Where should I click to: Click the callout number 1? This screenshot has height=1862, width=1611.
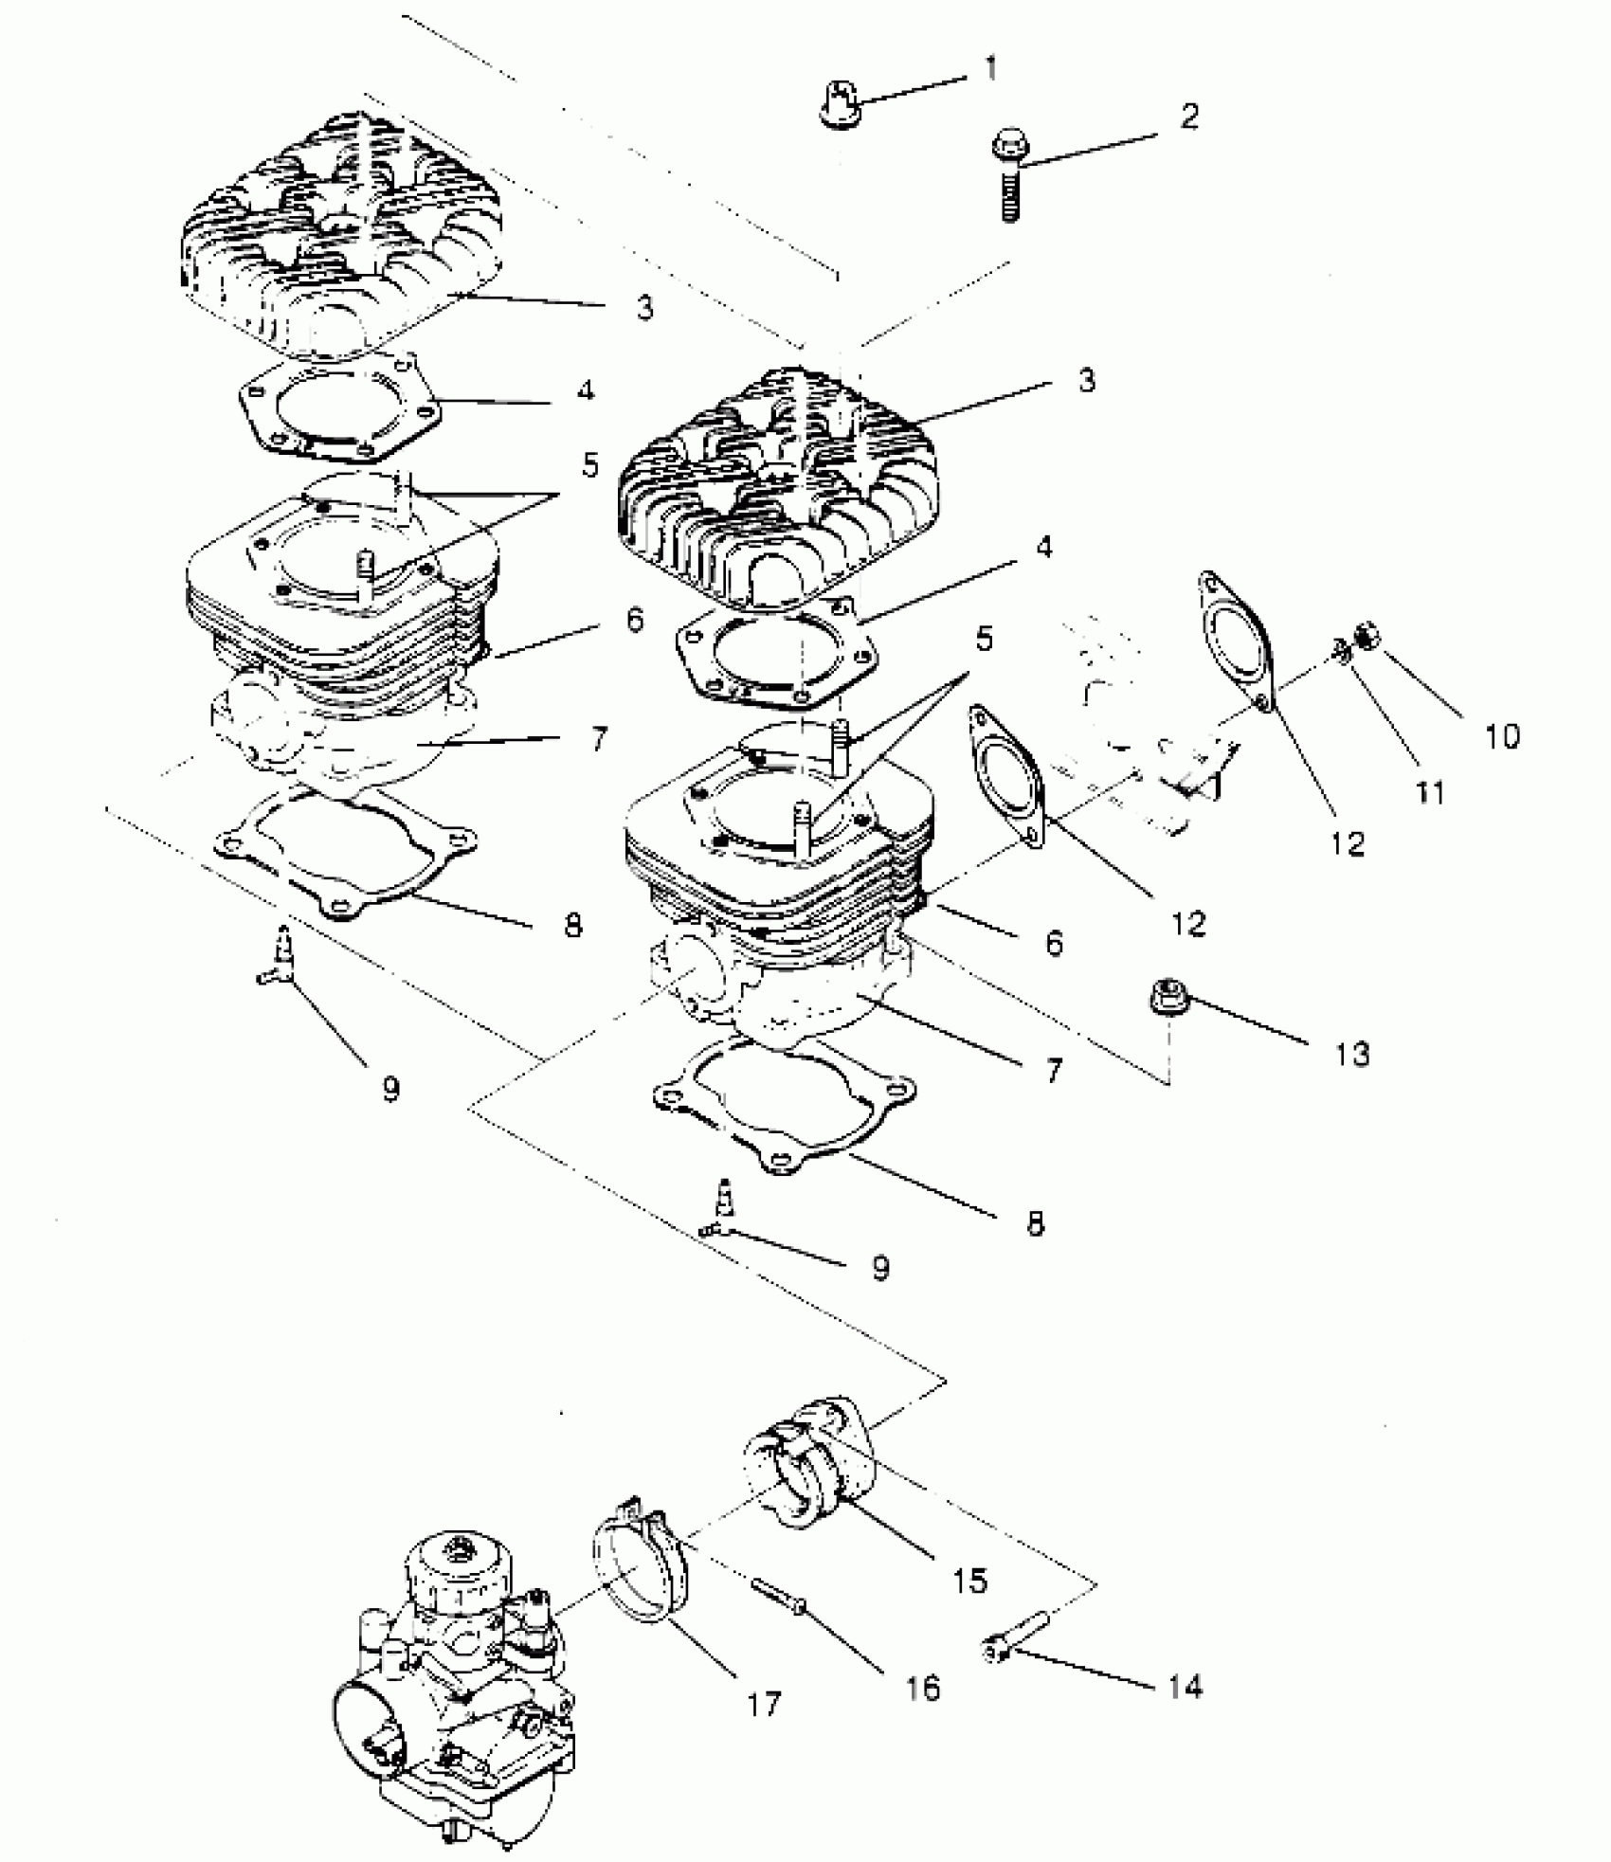[990, 69]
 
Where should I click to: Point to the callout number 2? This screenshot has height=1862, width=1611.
[1189, 118]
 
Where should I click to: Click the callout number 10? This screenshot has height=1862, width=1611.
[1501, 735]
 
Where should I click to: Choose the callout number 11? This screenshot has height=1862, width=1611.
[1430, 791]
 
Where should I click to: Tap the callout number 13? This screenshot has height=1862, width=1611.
[1352, 1053]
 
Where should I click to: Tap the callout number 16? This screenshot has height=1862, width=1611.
[922, 1688]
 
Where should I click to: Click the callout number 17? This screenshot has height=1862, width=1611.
[763, 1704]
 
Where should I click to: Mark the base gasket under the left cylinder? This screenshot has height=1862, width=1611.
[346, 853]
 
